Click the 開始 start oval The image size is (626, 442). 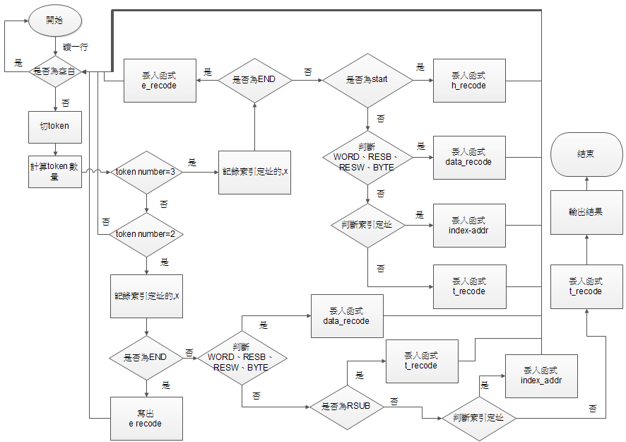(x=54, y=21)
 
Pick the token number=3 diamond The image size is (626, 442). (x=145, y=172)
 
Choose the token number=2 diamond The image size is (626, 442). (x=145, y=233)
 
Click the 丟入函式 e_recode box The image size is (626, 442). (x=159, y=81)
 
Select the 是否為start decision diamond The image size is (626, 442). (x=367, y=81)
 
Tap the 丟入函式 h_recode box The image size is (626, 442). (x=469, y=81)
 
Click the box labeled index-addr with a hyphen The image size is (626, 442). (x=469, y=226)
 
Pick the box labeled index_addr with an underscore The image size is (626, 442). (x=541, y=376)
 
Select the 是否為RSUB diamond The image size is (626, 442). (x=346, y=406)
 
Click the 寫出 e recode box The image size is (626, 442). (x=146, y=419)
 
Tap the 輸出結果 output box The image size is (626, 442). (x=585, y=211)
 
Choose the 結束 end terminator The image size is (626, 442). (x=585, y=154)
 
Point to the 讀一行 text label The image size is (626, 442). (x=75, y=47)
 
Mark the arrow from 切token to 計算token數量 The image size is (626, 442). (x=54, y=149)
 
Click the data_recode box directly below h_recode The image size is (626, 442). (x=469, y=157)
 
